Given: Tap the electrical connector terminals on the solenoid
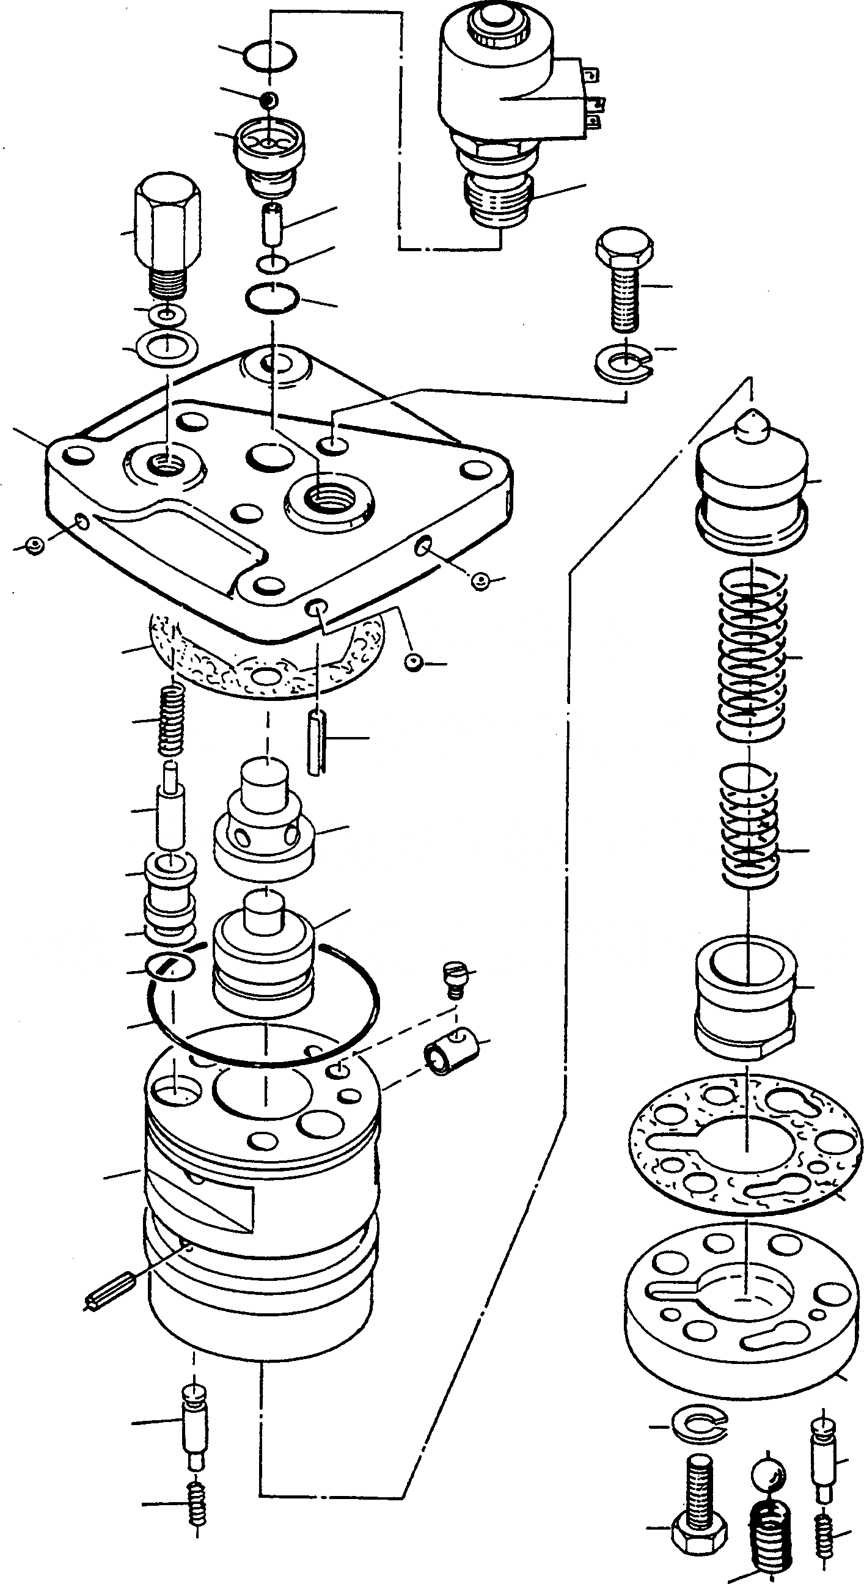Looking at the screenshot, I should (x=591, y=98).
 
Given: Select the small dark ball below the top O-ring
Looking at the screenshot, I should (x=269, y=98).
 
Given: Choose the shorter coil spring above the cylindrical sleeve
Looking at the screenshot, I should (x=749, y=827).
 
